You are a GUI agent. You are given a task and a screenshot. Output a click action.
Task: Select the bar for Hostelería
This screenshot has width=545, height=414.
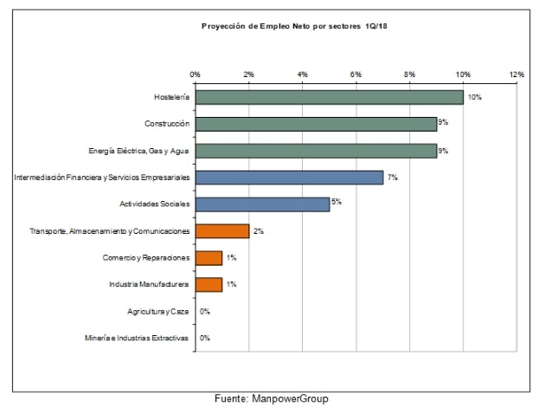pyautogui.click(x=329, y=97)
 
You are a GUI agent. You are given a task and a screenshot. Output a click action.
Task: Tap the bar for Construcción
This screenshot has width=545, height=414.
pyautogui.click(x=316, y=124)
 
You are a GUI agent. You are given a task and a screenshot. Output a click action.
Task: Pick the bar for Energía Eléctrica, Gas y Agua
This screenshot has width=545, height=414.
pyautogui.click(x=316, y=151)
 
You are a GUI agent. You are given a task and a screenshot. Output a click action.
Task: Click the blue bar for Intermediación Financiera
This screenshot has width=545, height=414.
pyautogui.click(x=289, y=178)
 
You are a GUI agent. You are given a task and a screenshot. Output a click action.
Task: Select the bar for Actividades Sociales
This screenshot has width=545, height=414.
pyautogui.click(x=262, y=204)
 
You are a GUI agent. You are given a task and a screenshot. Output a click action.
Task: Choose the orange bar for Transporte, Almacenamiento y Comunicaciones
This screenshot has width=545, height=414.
pyautogui.click(x=222, y=231)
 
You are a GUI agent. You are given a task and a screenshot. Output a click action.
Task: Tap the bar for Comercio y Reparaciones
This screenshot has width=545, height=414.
pyautogui.click(x=208, y=258)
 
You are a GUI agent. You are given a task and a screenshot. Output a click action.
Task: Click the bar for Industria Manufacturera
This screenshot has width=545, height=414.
pyautogui.click(x=208, y=284)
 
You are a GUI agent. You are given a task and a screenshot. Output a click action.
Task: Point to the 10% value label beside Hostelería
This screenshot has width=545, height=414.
pyautogui.click(x=474, y=97)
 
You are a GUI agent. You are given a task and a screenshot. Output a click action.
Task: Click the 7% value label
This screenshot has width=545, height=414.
pyautogui.click(x=392, y=178)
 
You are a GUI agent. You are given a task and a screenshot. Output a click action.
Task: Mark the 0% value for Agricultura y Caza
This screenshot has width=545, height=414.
pyautogui.click(x=205, y=311)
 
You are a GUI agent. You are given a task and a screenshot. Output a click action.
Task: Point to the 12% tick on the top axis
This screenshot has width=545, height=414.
pyautogui.click(x=517, y=74)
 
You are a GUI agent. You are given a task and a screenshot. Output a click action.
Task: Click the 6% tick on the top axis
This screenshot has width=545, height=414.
pyautogui.click(x=356, y=74)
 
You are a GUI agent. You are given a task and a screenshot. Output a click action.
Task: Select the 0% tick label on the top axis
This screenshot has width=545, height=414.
pyautogui.click(x=196, y=74)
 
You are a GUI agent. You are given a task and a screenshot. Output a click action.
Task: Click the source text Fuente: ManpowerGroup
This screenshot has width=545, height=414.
pyautogui.click(x=272, y=399)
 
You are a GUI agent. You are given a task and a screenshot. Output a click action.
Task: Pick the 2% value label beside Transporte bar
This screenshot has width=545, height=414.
pyautogui.click(x=258, y=231)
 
